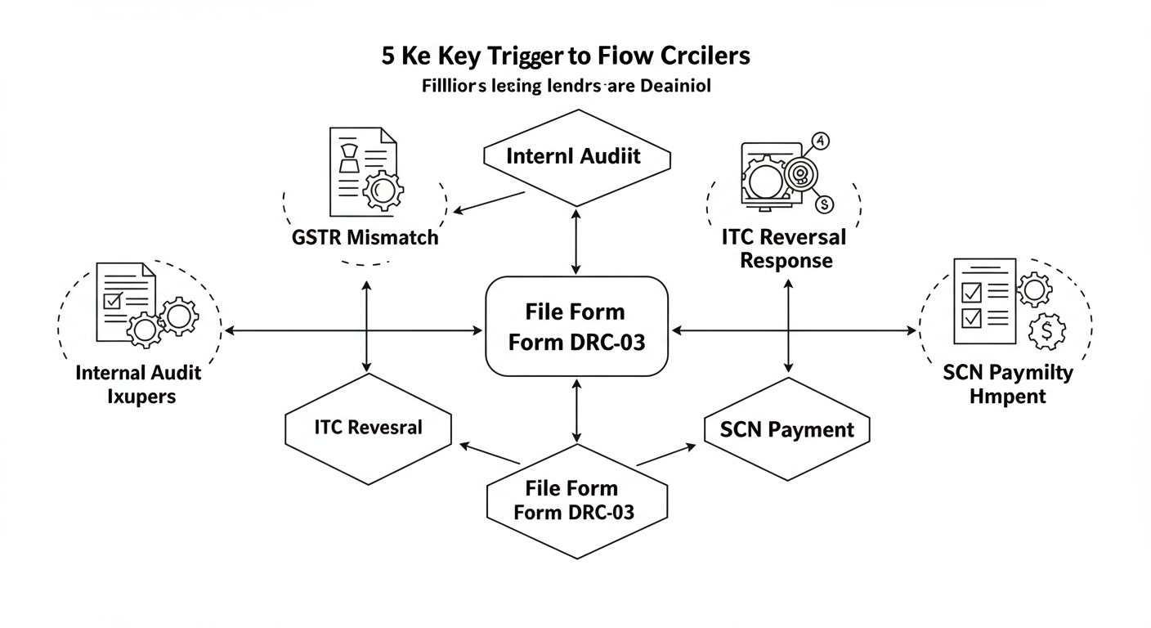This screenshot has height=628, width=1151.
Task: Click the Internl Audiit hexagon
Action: pyautogui.click(x=577, y=157)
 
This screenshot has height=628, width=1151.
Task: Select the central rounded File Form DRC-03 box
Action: pyautogui.click(x=577, y=326)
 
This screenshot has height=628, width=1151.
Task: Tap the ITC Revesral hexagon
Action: pyautogui.click(x=368, y=428)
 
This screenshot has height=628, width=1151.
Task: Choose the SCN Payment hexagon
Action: pyautogui.click(x=787, y=429)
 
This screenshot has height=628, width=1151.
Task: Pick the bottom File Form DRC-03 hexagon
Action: pyautogui.click(x=572, y=500)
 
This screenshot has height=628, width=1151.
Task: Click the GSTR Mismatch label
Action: pyautogui.click(x=365, y=238)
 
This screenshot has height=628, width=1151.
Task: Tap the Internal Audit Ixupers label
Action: pyautogui.click(x=138, y=384)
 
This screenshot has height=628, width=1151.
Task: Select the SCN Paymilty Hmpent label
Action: pyautogui.click(x=1007, y=384)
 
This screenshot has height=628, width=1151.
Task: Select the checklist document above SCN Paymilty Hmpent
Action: pyautogui.click(x=983, y=302)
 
